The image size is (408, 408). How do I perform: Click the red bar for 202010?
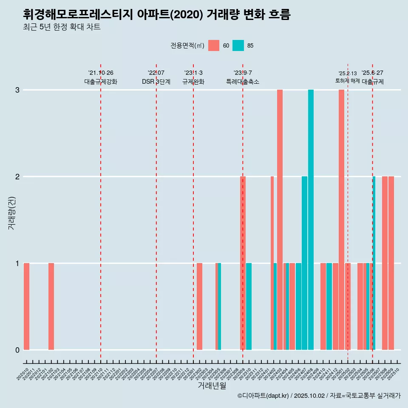tap(26, 306)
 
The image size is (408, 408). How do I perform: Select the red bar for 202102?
tap(51, 306)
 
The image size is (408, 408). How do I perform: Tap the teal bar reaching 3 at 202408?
tap(311, 219)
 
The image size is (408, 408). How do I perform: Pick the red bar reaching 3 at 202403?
tap(280, 219)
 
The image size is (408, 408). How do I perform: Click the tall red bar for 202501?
tap(341, 219)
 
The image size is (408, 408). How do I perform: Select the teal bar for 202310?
tap(249, 306)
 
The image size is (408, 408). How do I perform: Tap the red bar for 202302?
tap(199, 306)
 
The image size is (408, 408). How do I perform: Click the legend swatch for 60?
tap(214, 45)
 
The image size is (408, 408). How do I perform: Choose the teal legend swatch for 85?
tap(238, 45)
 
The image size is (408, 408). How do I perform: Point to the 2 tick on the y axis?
tap(17, 176)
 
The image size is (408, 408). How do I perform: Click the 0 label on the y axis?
tap(17, 350)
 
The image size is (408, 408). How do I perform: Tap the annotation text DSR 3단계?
tap(156, 82)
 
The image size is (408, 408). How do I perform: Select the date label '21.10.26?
tap(101, 73)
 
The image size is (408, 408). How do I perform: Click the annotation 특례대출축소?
tap(242, 82)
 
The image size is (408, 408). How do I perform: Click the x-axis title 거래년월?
tap(212, 385)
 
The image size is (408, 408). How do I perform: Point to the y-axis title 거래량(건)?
tap(11, 212)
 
